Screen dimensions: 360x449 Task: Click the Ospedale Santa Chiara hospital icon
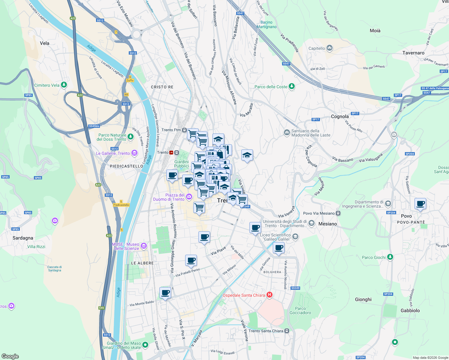[269, 295]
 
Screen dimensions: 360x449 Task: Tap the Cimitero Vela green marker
[64, 85]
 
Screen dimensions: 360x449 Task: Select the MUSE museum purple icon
[143, 246]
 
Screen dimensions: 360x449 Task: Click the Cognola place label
[340, 116]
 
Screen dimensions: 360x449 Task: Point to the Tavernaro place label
[413, 53]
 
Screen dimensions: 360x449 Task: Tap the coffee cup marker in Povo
[420, 204]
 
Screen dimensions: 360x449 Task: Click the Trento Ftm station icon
[184, 130]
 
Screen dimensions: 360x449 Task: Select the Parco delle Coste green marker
[291, 86]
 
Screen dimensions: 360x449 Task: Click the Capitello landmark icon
[330, 48]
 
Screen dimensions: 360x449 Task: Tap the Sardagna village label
[23, 238]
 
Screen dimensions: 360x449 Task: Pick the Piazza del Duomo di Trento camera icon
[189, 197]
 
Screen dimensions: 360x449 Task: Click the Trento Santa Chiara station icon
[287, 331]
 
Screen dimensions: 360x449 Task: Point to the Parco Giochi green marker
[390, 257]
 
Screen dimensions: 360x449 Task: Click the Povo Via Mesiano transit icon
[338, 213]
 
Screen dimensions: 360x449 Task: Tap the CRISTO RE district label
[162, 87]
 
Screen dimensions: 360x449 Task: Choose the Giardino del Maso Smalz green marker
[145, 345]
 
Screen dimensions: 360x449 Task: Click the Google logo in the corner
[10, 356]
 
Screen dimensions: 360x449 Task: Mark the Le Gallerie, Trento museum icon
[134, 153]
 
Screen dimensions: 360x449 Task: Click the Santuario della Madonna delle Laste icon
[287, 132]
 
